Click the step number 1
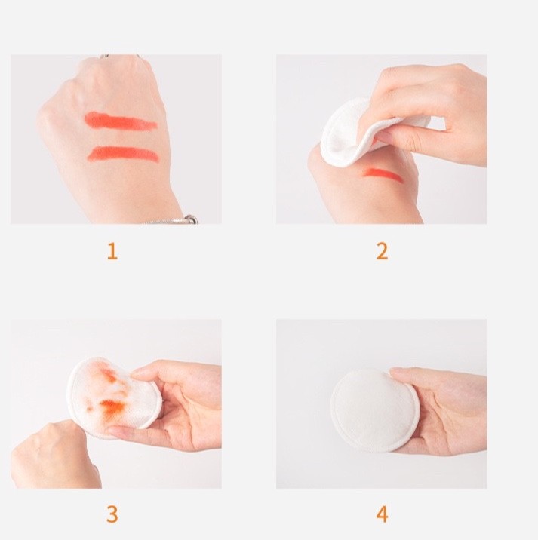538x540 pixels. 112,251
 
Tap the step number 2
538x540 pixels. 382,251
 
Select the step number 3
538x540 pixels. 112,514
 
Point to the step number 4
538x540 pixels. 382,514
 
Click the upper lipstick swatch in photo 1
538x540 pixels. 121,121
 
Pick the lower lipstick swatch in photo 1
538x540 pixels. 123,154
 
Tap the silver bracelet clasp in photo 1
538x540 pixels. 191,219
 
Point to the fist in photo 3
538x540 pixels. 55,455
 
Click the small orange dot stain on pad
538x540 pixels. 91,409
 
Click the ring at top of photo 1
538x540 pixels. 105,56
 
